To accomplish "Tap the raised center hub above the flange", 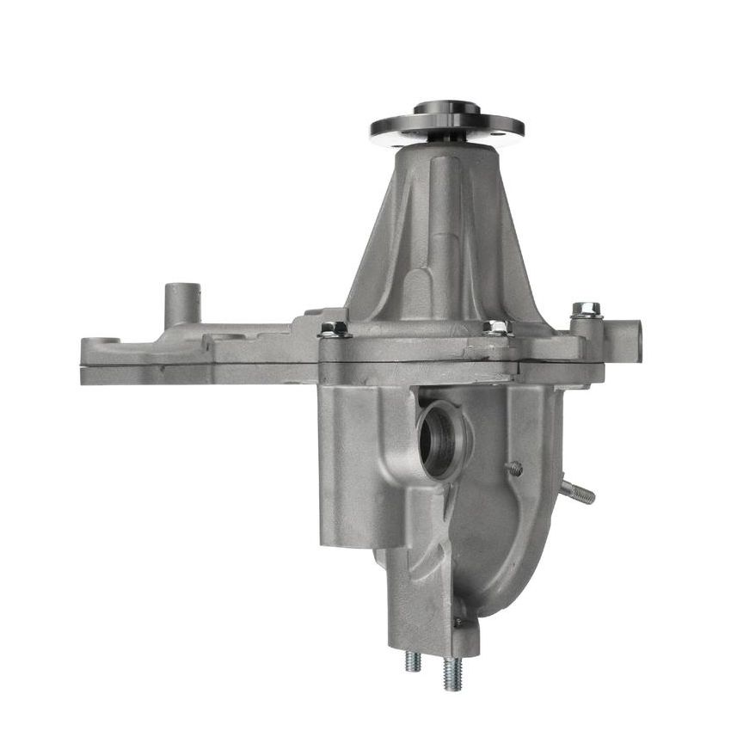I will [x=446, y=109].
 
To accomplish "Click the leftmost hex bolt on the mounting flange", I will [x=335, y=329].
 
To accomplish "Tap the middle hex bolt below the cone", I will [x=497, y=327].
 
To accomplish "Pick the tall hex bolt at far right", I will [x=587, y=310].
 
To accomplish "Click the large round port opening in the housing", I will [x=440, y=439].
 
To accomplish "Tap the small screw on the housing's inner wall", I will [x=515, y=469].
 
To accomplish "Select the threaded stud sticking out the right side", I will [x=578, y=492].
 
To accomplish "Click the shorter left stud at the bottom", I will [x=414, y=660].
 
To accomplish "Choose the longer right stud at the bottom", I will [x=451, y=673].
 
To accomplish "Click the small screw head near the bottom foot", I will [x=458, y=621].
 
